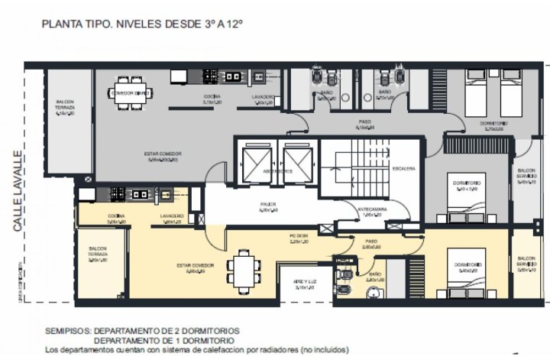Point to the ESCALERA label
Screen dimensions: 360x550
click(403, 168)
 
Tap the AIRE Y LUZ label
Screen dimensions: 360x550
click(304, 284)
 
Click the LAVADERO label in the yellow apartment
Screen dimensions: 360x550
click(172, 218)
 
